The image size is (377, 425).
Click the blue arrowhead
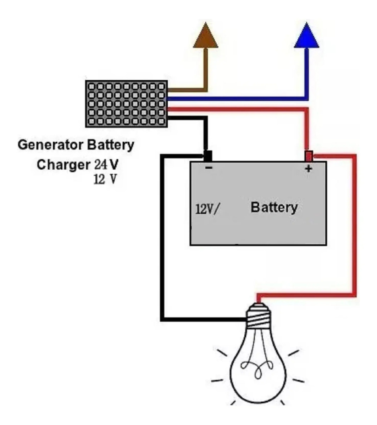click(x=307, y=37)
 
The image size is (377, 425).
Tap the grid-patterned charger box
click(x=127, y=104)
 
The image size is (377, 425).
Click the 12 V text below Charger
click(x=105, y=180)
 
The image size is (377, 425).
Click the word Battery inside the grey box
click(x=274, y=207)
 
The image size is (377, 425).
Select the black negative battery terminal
click(x=208, y=156)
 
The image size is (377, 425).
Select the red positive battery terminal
click(x=309, y=156)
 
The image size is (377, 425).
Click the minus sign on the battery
click(x=209, y=168)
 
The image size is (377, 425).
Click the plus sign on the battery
click(x=309, y=169)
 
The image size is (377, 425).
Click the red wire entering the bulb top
click(x=305, y=295)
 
